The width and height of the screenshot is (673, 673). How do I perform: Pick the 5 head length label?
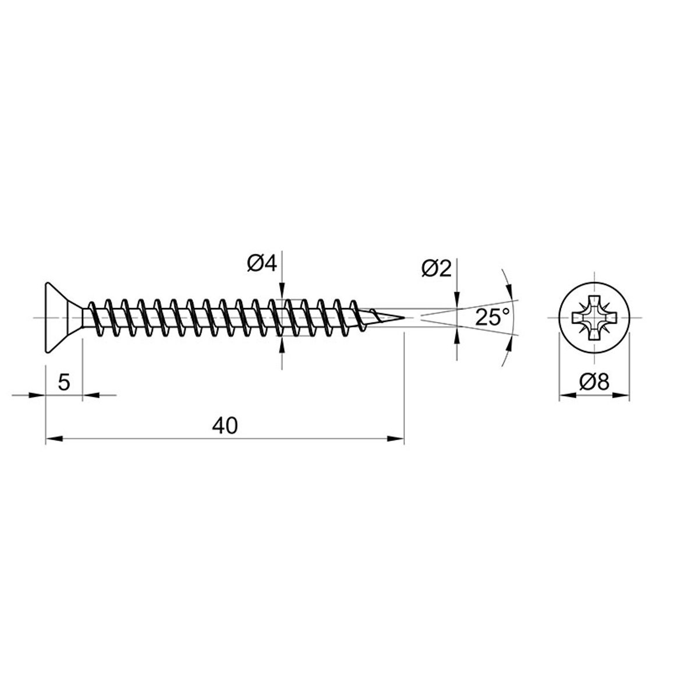point(63,381)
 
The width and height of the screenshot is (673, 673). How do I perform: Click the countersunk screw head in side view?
point(63,318)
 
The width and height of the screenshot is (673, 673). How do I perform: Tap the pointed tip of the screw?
point(404,318)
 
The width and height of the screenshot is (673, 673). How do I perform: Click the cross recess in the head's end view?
point(594,318)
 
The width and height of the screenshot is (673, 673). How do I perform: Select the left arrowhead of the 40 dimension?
point(54,438)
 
